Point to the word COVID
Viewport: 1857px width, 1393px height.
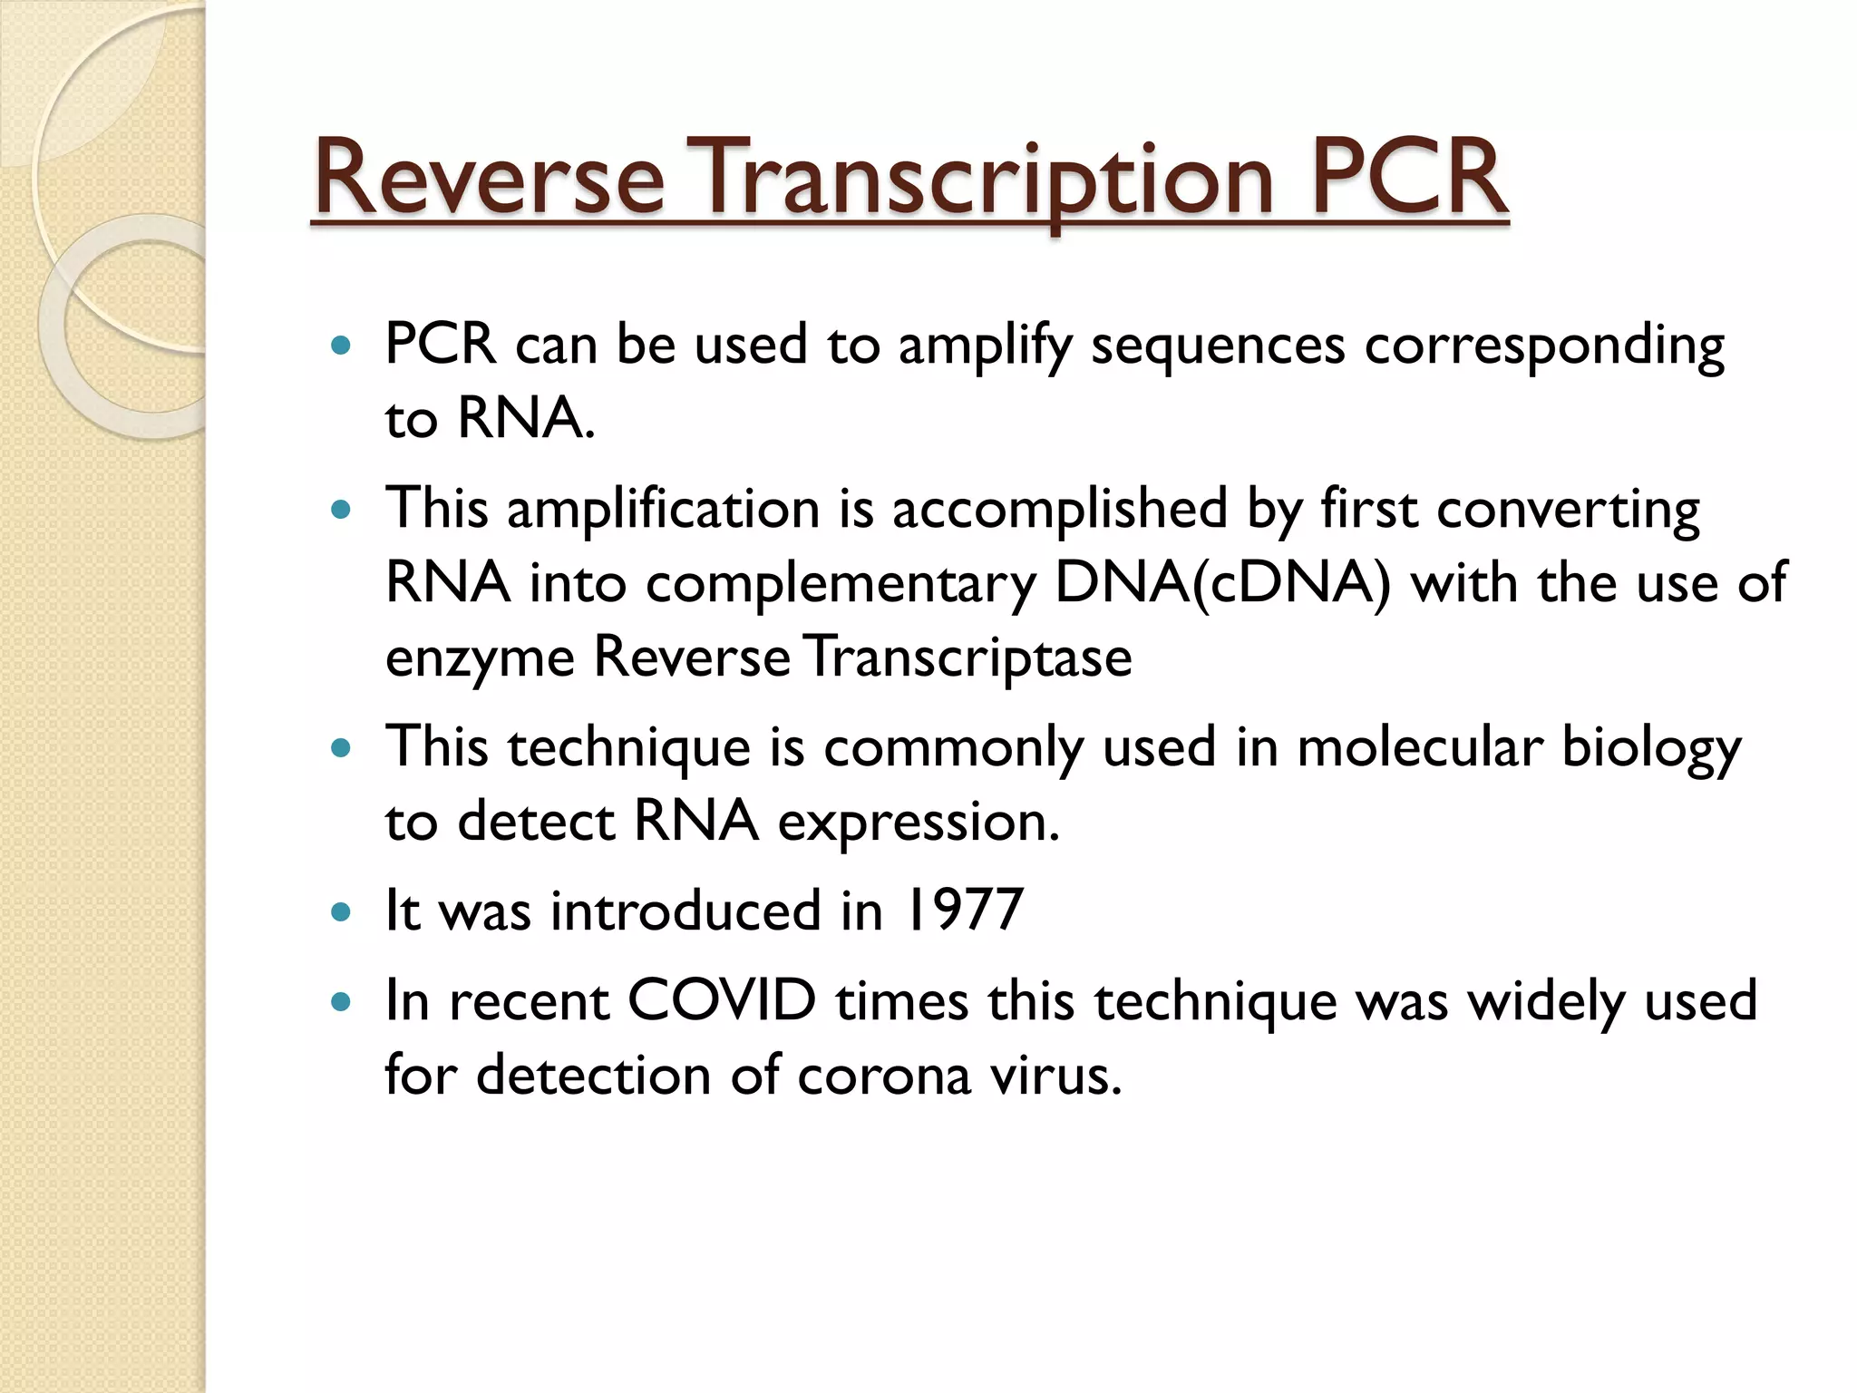(x=722, y=1000)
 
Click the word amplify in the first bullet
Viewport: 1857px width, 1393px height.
(x=985, y=346)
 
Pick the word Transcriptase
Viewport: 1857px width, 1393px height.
(x=969, y=658)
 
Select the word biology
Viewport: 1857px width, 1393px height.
(x=1651, y=749)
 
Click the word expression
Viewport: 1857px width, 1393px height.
(x=919, y=823)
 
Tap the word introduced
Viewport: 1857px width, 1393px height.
(x=685, y=910)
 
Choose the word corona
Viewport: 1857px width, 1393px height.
(x=884, y=1076)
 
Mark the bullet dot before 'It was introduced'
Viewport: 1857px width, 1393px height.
(x=341, y=911)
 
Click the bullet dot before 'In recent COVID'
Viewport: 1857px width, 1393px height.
(x=341, y=1002)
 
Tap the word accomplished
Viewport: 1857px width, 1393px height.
(x=1059, y=510)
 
